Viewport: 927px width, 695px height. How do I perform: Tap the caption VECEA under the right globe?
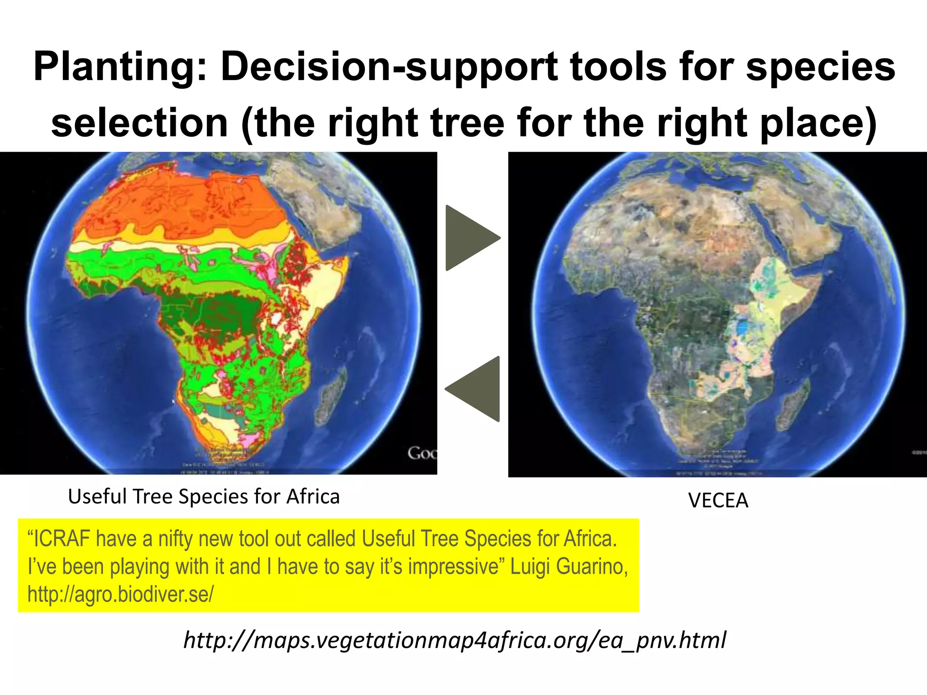(718, 500)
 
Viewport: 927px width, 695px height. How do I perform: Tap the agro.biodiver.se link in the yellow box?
(120, 594)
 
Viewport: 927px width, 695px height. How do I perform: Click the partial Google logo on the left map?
(422, 453)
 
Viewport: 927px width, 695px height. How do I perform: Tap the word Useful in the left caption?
(97, 496)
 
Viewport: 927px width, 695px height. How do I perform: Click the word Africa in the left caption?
(313, 496)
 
